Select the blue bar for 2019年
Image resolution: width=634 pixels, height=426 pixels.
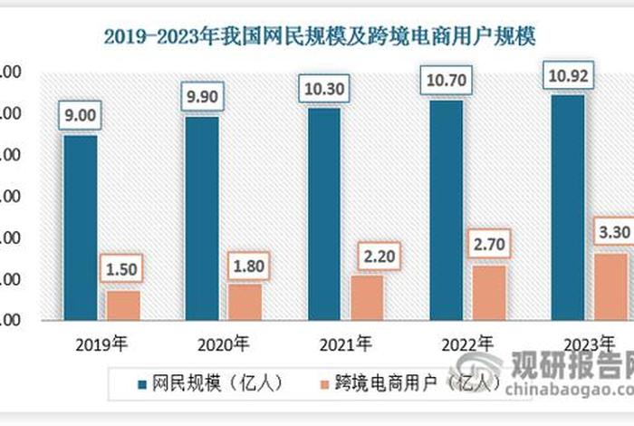[80, 227]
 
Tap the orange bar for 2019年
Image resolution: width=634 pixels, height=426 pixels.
[123, 305]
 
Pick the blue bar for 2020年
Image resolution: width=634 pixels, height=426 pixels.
[202, 218]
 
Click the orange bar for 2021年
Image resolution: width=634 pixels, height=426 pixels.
[368, 297]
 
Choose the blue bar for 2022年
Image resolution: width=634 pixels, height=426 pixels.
[447, 209]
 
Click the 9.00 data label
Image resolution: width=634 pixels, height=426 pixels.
[80, 116]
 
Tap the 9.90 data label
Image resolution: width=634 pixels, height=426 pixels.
[202, 97]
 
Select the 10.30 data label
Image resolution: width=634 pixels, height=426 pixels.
[324, 89]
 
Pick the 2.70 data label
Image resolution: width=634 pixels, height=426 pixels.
[490, 246]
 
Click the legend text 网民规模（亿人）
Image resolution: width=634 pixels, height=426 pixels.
[203, 383]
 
